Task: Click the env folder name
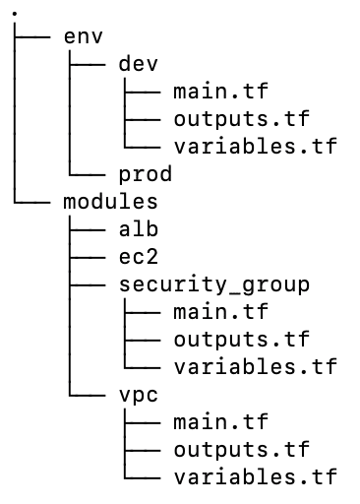(83, 36)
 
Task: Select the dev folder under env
(139, 64)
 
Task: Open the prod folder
(146, 174)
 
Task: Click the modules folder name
(104, 202)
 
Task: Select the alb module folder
(139, 229)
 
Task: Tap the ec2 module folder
(139, 257)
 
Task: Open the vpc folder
(139, 395)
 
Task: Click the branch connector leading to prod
(85, 173)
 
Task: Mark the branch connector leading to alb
(85, 229)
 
